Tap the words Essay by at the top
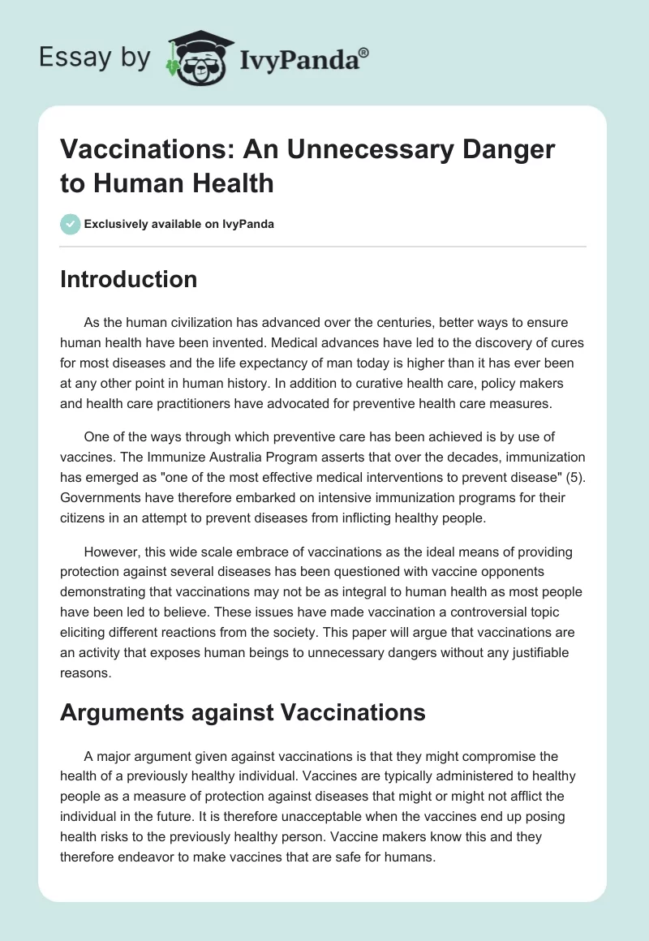click(95, 58)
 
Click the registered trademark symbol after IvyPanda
click(364, 52)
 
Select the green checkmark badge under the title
click(71, 224)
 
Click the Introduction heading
click(129, 279)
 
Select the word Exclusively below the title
click(117, 224)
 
